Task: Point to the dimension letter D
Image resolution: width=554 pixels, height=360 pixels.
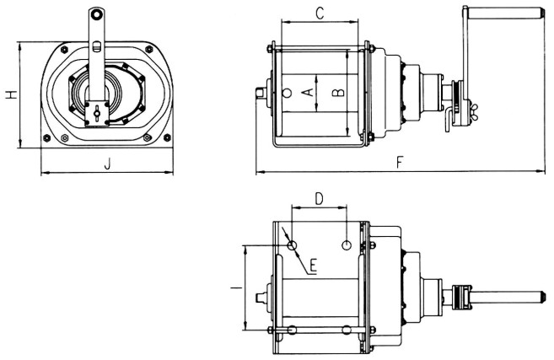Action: (x=319, y=199)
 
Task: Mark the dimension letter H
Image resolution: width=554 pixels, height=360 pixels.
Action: (x=9, y=95)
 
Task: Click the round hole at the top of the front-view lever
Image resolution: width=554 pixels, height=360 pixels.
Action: (x=97, y=15)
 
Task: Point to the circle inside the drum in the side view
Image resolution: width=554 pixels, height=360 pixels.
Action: (x=288, y=94)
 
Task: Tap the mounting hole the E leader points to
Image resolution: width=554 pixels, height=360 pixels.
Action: (x=292, y=245)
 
